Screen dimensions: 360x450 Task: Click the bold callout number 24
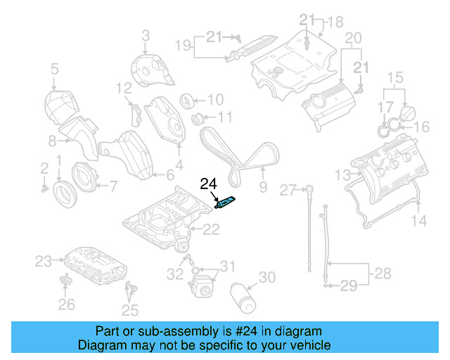[x=209, y=185]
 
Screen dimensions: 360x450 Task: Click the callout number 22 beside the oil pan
[x=211, y=229]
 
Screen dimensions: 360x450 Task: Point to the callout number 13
[x=342, y=174]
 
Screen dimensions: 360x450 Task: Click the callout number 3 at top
[x=146, y=35]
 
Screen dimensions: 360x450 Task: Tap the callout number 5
[x=54, y=69]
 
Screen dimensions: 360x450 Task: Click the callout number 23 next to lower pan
[x=44, y=262]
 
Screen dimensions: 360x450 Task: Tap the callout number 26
[x=65, y=304]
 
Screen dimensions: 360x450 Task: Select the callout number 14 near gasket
[x=418, y=221]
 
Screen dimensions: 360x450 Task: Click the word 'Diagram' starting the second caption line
[x=100, y=345]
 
